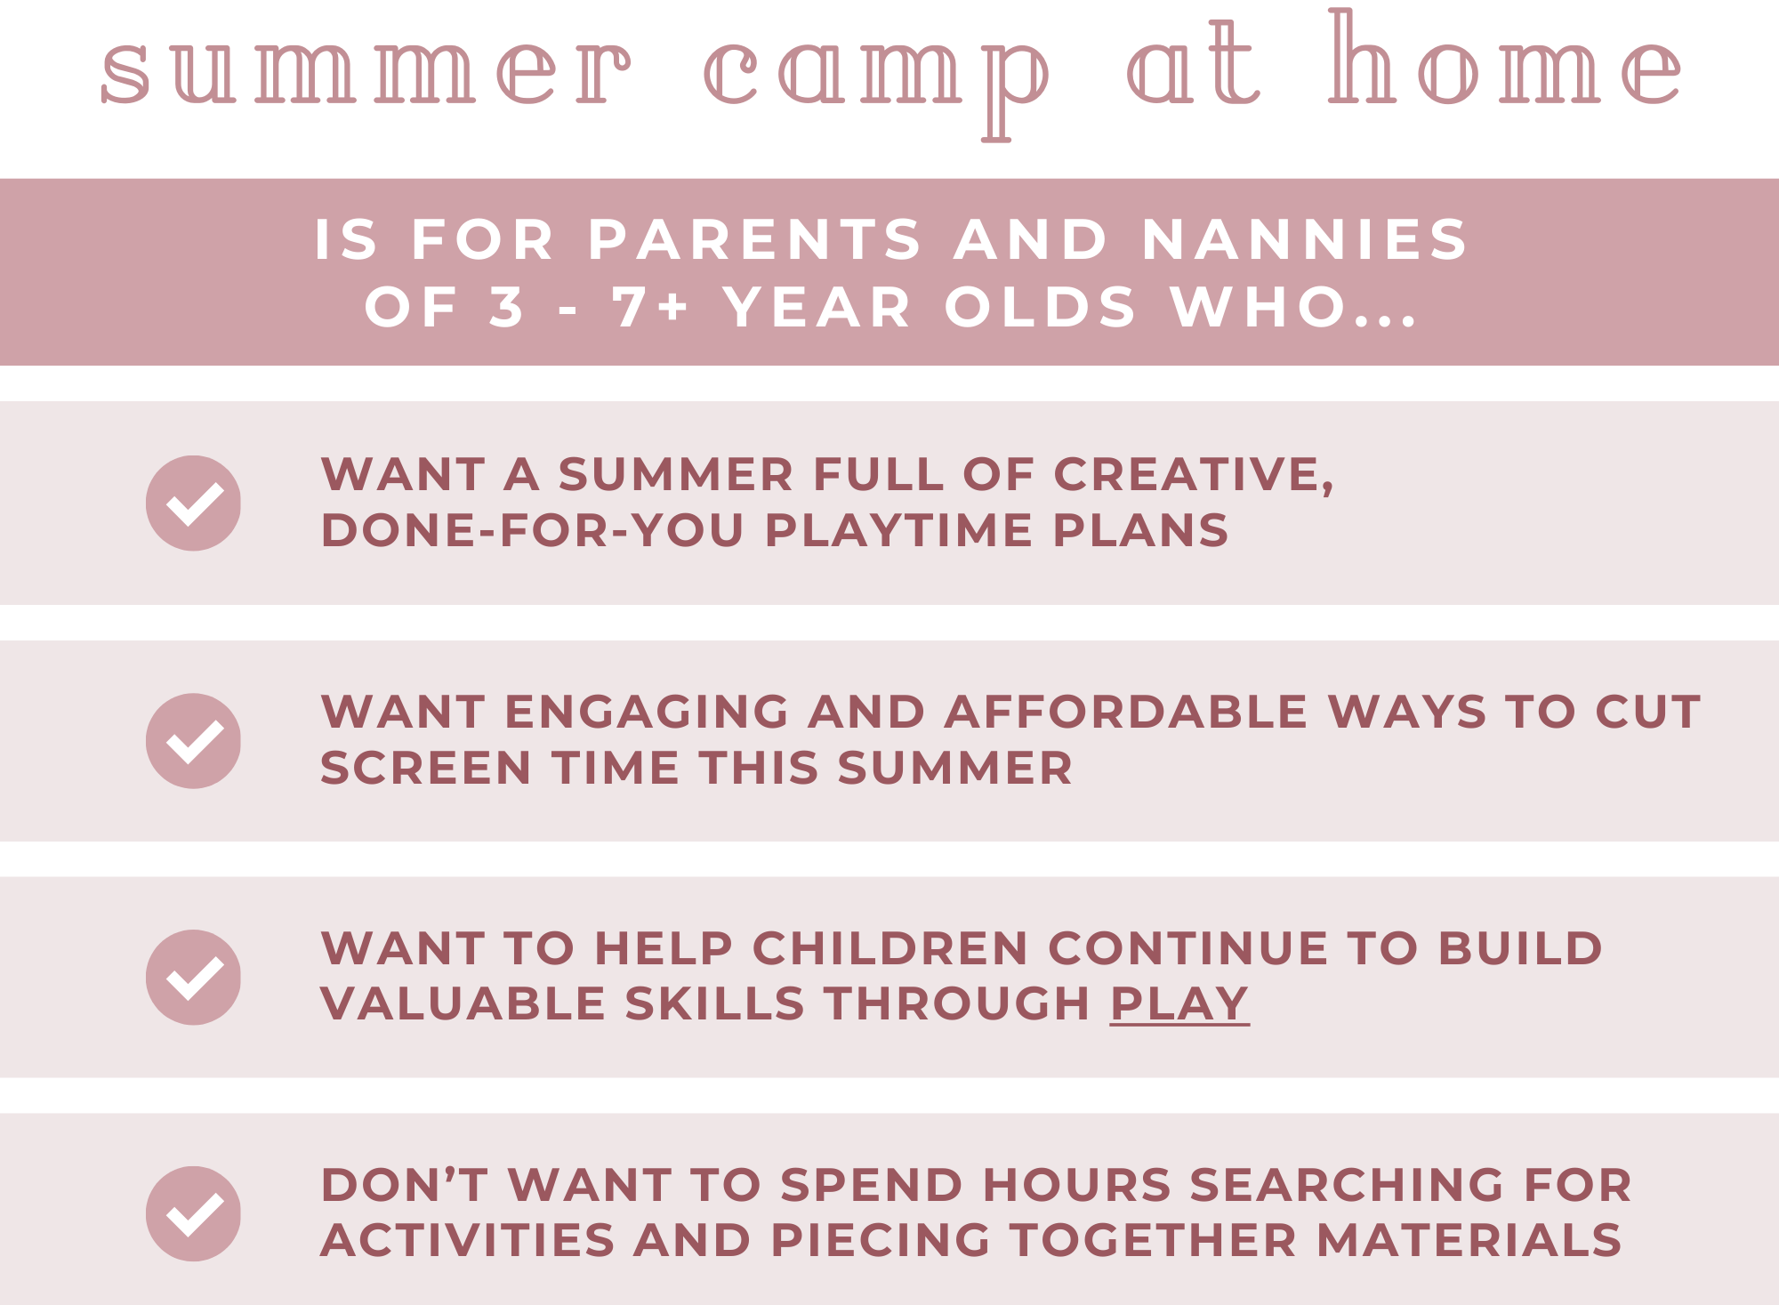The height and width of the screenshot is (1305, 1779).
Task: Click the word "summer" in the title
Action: tap(366, 72)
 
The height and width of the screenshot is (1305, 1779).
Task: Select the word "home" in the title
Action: tap(1504, 57)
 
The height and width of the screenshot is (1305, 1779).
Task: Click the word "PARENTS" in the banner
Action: tap(755, 240)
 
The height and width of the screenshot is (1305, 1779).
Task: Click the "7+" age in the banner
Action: tap(650, 307)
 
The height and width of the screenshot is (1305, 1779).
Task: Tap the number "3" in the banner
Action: tap(506, 307)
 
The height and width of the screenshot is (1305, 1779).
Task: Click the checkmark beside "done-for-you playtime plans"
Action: tap(193, 503)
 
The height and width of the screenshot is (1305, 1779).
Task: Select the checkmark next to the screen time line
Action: tap(193, 741)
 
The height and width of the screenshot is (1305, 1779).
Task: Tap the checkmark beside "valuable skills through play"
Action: tap(193, 978)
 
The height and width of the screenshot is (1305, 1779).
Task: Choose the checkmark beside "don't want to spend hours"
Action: tap(193, 1214)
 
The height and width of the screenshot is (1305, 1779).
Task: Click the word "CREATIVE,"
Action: tap(1194, 476)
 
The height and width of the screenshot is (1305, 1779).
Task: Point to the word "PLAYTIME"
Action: tap(898, 531)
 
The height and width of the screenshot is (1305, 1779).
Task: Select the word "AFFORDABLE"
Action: tap(1125, 713)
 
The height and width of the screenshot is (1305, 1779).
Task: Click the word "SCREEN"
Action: tap(426, 769)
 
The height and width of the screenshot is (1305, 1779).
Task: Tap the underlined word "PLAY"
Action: tap(1179, 1004)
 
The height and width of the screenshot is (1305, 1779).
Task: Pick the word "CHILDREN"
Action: tap(890, 948)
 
